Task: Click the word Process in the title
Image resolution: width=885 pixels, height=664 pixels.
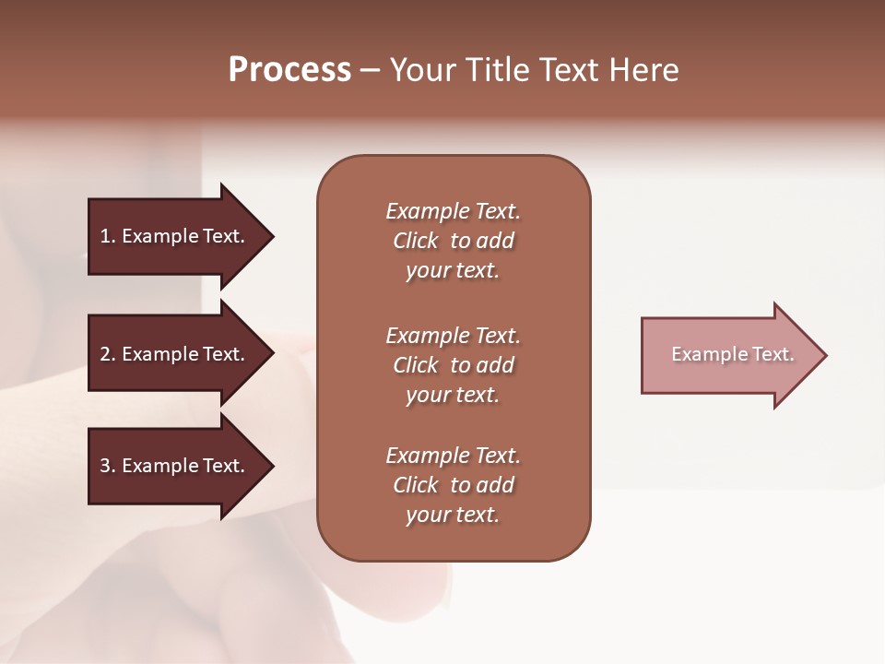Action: point(289,70)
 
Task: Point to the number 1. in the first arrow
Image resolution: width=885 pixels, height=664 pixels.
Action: point(107,236)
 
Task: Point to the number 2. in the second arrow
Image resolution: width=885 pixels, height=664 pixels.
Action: point(107,354)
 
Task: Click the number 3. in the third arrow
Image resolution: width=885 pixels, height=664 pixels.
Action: point(107,466)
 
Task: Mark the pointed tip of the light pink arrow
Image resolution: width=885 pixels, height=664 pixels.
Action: point(823,355)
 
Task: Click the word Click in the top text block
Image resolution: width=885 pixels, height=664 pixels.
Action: point(415,241)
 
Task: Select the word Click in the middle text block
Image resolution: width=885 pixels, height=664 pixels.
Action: point(415,365)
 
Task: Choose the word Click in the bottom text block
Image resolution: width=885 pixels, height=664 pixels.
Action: point(415,485)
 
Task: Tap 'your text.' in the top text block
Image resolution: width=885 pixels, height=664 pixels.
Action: point(453,271)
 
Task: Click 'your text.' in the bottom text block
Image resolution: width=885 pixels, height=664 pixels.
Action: point(453,516)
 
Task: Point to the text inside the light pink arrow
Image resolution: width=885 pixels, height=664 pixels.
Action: point(732,354)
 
